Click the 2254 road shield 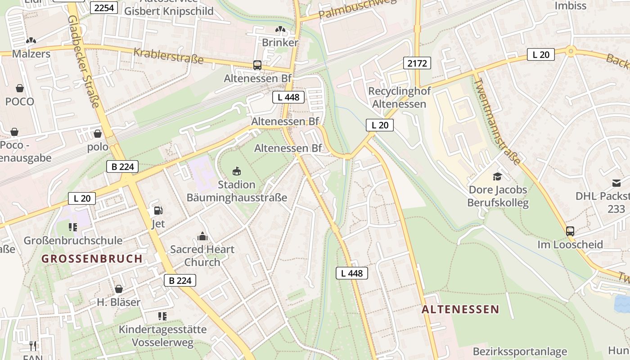pos(104,8)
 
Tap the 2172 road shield pos(417,63)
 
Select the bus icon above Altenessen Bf pos(257,65)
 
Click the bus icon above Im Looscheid pos(570,231)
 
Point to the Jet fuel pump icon pos(158,210)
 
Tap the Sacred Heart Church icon pos(202,236)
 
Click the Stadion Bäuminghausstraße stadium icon pos(237,171)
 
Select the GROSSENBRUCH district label pos(92,259)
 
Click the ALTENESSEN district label pos(460,309)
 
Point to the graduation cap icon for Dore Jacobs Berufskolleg pos(497,176)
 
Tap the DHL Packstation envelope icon pos(616,183)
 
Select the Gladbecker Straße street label pos(83,62)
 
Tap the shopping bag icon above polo pos(98,134)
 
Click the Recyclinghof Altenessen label pos(399,97)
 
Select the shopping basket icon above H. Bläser pos(119,289)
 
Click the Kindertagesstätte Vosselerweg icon pos(162,316)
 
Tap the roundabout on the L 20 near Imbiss pos(571,51)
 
